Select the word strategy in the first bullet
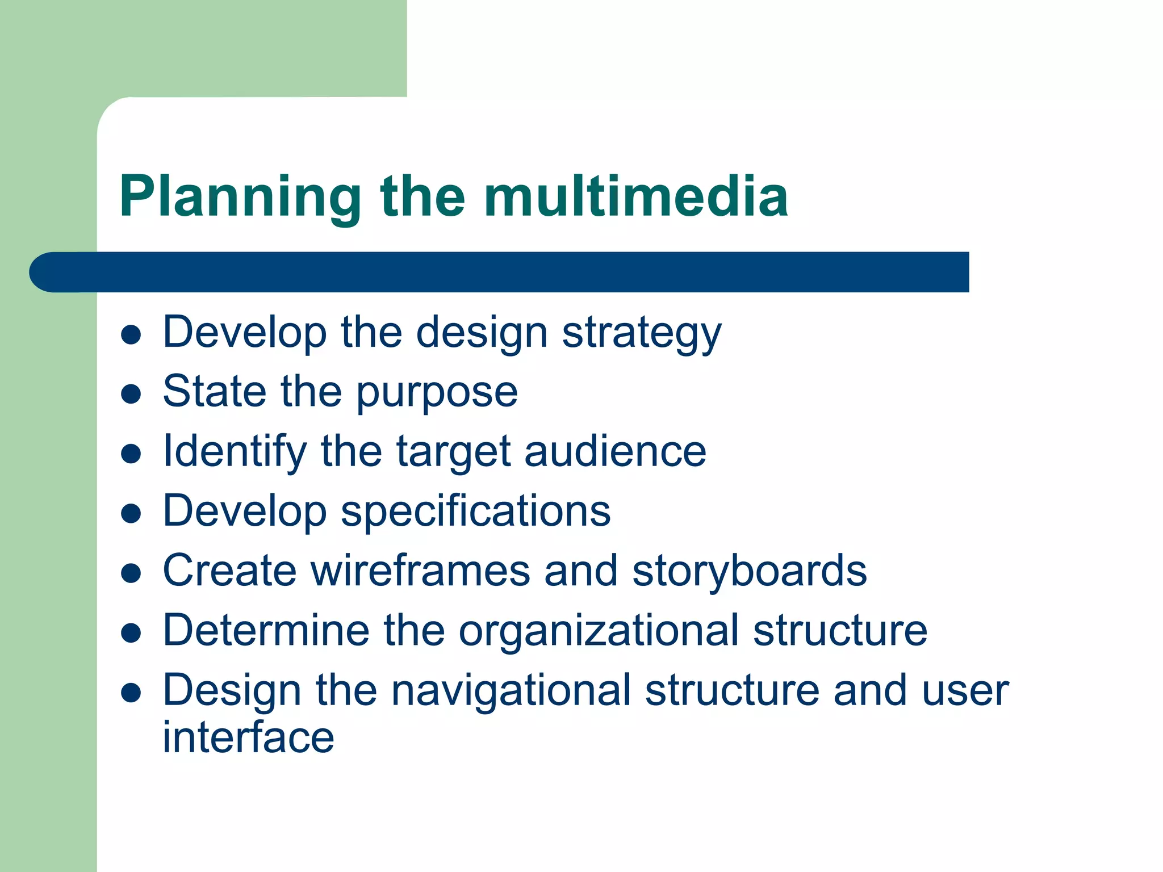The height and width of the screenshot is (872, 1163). click(641, 333)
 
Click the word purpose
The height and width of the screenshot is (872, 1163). click(437, 393)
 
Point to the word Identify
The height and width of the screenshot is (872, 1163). click(235, 452)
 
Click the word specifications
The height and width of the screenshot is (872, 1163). click(475, 512)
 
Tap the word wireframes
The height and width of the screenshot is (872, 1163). click(420, 571)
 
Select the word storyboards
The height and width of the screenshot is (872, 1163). click(749, 571)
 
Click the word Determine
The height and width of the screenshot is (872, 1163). click(265, 631)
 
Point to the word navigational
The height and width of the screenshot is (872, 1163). click(511, 691)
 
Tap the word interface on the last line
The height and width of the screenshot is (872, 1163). click(248, 737)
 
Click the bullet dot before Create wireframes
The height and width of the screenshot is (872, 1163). click(131, 573)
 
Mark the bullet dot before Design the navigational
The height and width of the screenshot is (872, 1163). click(131, 693)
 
